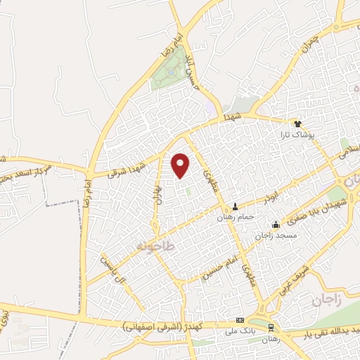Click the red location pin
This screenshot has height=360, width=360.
[x=181, y=165]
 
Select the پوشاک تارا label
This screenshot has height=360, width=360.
[x=296, y=134]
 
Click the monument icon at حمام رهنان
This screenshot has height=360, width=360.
[x=236, y=207]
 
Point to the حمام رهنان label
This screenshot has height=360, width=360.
[x=236, y=217]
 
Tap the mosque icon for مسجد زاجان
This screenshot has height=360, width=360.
[x=275, y=226]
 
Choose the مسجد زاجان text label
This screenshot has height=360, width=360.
[x=275, y=237]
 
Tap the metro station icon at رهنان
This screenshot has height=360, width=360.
[x=271, y=328]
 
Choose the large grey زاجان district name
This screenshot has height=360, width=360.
[x=326, y=301]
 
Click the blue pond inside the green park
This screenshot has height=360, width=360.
[x=171, y=71]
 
